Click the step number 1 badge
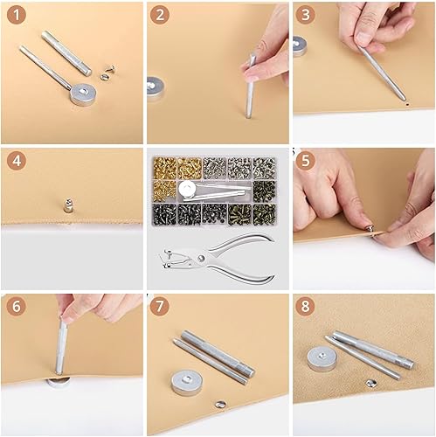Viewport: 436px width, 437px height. coord(15,15)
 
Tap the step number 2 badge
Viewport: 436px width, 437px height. coord(161,15)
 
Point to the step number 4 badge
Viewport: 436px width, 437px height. coord(15,161)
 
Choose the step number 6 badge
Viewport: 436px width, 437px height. coord(15,307)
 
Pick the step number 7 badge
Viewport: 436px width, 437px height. coord(161,307)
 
